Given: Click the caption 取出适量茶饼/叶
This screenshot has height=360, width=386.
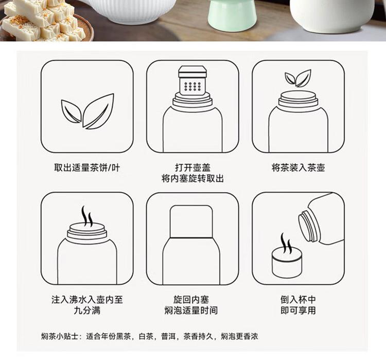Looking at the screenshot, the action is pyautogui.click(x=87, y=168).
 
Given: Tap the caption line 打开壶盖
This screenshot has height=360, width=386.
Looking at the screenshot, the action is pyautogui.click(x=193, y=167).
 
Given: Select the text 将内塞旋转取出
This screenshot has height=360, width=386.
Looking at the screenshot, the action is pyautogui.click(x=192, y=178).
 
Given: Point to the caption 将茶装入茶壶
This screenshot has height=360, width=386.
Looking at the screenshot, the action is pyautogui.click(x=299, y=167).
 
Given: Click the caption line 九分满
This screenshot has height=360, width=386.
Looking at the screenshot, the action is pyautogui.click(x=87, y=310).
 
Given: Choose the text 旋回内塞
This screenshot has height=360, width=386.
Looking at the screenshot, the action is pyautogui.click(x=191, y=299).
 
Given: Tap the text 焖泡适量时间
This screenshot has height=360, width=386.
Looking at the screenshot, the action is pyautogui.click(x=191, y=310).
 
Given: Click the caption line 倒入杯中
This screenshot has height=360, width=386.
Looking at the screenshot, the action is pyautogui.click(x=298, y=299).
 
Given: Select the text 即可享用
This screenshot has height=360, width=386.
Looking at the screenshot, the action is pyautogui.click(x=298, y=310).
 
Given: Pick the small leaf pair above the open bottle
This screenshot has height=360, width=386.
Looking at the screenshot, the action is pyautogui.click(x=298, y=78).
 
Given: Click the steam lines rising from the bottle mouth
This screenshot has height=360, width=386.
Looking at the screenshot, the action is pyautogui.click(x=87, y=216).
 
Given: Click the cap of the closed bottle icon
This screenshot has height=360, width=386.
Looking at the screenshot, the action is pyautogui.click(x=191, y=221).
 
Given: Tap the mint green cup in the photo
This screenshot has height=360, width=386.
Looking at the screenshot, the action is pyautogui.click(x=232, y=15).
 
